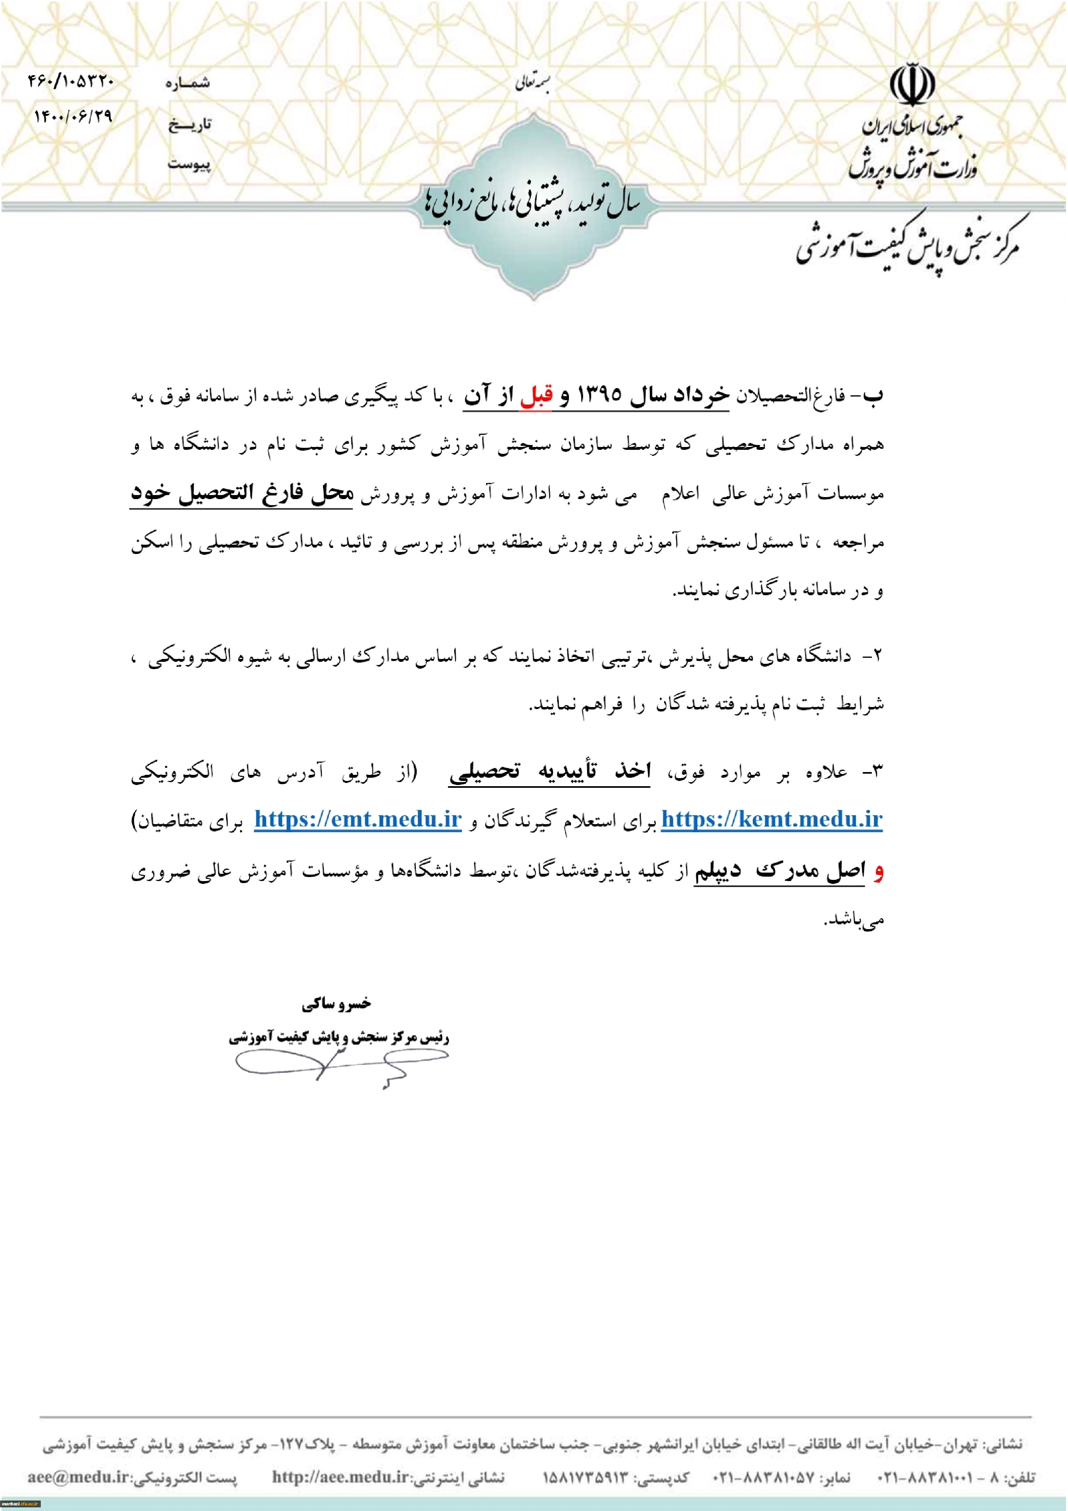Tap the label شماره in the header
tap(187, 83)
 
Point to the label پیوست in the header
tap(189, 163)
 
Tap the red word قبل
tap(536, 396)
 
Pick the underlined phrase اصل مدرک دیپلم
tap(780, 871)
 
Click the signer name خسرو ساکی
tap(336, 1003)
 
